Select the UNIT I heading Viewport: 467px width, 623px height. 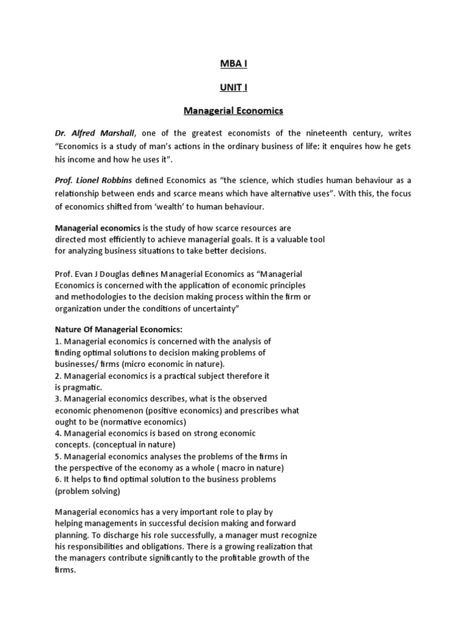(x=233, y=88)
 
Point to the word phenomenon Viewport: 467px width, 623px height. (x=114, y=411)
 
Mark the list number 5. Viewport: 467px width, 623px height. (x=57, y=456)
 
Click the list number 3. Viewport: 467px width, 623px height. (x=57, y=399)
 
